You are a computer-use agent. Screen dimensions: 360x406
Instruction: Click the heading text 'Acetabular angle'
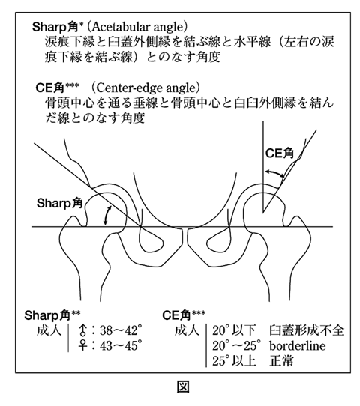pyautogui.click(x=139, y=27)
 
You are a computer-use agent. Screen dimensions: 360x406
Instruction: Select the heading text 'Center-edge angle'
pyautogui.click(x=145, y=88)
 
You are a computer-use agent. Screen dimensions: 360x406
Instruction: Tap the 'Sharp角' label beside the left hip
pyautogui.click(x=59, y=203)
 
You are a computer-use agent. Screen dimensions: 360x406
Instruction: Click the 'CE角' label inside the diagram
pyautogui.click(x=280, y=154)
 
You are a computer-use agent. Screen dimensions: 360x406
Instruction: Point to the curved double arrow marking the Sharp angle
pyautogui.click(x=106, y=216)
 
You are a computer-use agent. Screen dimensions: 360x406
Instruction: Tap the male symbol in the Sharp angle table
pyautogui.click(x=82, y=330)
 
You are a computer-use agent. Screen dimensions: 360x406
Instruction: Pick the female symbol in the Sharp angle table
pyautogui.click(x=82, y=345)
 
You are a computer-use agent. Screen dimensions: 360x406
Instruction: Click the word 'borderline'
pyautogui.click(x=298, y=345)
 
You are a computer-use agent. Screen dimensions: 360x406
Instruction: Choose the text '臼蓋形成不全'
pyautogui.click(x=307, y=330)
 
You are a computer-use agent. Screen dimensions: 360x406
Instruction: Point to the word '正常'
pyautogui.click(x=281, y=361)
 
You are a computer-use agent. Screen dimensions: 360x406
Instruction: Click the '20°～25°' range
pyautogui.click(x=236, y=345)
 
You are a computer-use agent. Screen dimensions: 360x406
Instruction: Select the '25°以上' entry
pyautogui.click(x=234, y=361)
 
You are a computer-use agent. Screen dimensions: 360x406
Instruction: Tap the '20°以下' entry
pyautogui.click(x=234, y=330)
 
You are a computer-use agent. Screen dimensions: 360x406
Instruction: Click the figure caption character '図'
pyautogui.click(x=183, y=387)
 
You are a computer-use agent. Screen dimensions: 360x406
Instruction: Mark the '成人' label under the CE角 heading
pyautogui.click(x=187, y=330)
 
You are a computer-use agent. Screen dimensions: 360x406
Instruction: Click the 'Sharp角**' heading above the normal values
pyautogui.click(x=52, y=315)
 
